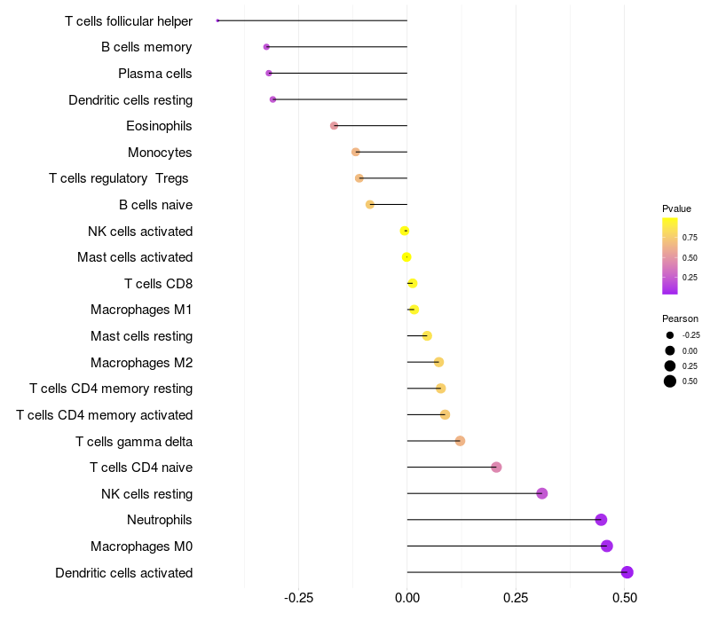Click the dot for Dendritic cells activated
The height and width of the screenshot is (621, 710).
(627, 572)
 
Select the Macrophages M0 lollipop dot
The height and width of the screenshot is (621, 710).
(607, 546)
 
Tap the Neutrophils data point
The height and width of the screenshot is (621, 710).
(601, 520)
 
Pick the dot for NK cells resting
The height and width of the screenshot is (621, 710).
(542, 493)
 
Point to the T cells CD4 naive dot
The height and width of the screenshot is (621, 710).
(496, 468)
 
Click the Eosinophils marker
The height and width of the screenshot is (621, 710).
(334, 126)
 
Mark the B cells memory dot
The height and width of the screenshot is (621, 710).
(266, 47)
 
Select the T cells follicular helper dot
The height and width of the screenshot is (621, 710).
(217, 20)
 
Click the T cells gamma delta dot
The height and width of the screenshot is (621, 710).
(460, 441)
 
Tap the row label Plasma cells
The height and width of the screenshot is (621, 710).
(155, 74)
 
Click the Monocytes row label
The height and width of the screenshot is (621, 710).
(160, 153)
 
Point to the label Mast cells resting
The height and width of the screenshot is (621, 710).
(141, 336)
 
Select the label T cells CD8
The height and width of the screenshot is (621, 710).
(158, 284)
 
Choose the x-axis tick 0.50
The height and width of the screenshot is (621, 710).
(625, 599)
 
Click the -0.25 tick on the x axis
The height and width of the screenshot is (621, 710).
(298, 599)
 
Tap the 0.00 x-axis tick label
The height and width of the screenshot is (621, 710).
(407, 599)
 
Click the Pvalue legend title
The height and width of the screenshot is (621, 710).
(676, 208)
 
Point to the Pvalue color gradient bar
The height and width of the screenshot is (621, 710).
(670, 255)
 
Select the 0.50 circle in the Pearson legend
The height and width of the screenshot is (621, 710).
(670, 381)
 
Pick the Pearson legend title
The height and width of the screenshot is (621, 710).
(680, 318)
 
